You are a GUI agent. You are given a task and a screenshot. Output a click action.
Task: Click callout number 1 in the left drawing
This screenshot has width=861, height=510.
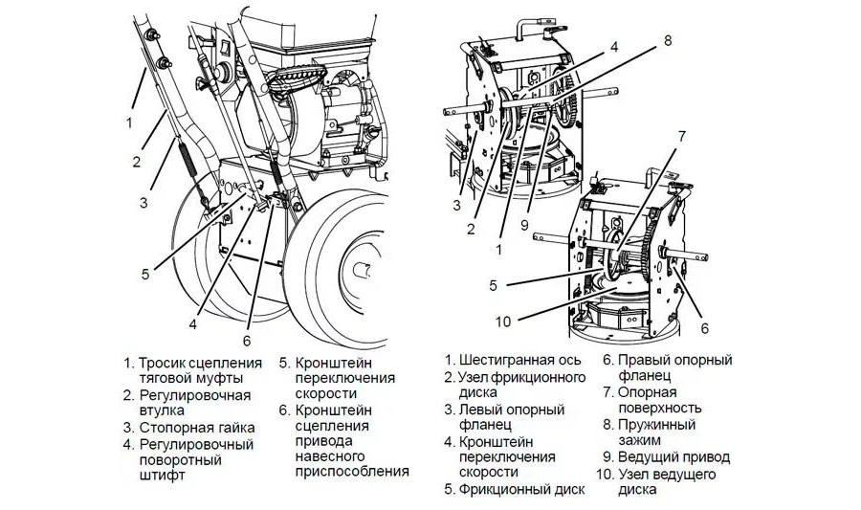[x=128, y=122]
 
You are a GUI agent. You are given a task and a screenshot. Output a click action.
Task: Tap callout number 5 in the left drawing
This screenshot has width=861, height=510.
[x=144, y=274]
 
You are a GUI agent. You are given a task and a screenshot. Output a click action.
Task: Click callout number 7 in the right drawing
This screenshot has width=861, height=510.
[x=680, y=137]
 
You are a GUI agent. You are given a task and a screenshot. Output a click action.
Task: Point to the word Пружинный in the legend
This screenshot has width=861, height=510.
[x=656, y=425]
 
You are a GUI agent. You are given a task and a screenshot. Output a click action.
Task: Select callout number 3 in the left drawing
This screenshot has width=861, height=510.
[x=143, y=202]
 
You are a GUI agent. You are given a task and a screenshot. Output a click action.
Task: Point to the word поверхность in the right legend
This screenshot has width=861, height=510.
[x=661, y=408]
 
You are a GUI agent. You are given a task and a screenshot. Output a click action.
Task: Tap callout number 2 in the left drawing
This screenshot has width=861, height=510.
[x=136, y=162]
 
